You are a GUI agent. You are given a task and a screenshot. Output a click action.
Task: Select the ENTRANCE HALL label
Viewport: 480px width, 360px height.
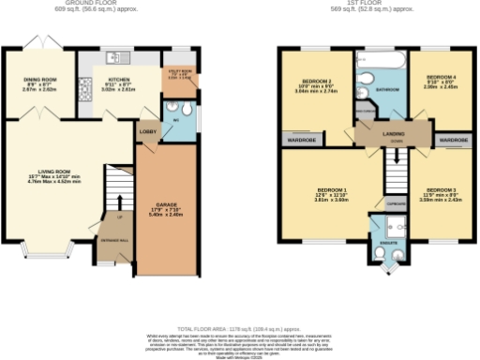tap(113, 241)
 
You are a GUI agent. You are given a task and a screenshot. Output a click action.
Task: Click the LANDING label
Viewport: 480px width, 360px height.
tap(393, 134)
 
